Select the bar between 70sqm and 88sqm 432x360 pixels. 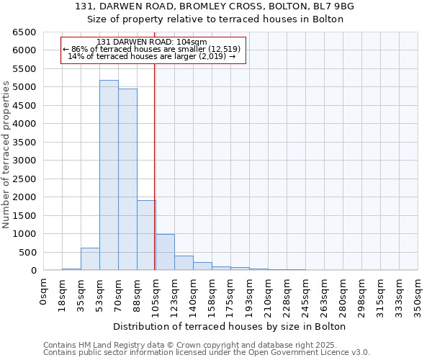[127, 179]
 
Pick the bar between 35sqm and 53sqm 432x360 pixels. [90, 259]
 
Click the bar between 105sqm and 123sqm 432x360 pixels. [165, 252]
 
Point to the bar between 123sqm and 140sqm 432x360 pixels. [184, 263]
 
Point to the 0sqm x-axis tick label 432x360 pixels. [44, 292]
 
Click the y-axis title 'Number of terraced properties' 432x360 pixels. [6, 155]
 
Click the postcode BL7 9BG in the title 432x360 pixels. [334, 6]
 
